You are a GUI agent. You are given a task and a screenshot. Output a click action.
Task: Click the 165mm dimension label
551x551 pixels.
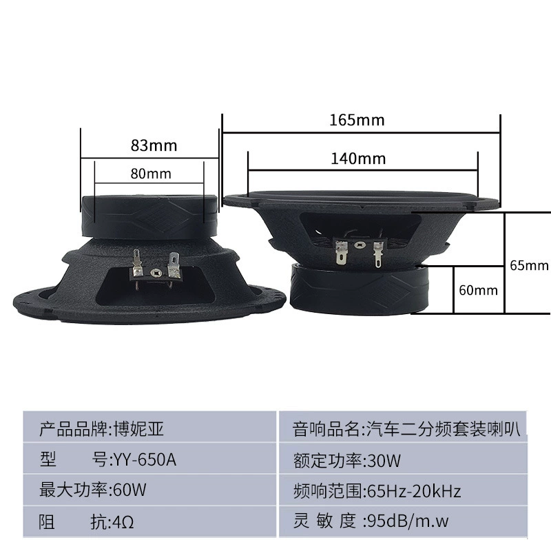pyautogui.click(x=357, y=120)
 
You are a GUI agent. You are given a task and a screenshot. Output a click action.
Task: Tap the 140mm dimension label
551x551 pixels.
pyautogui.click(x=358, y=158)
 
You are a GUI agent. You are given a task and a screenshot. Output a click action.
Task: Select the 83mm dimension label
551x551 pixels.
pyautogui.click(x=154, y=145)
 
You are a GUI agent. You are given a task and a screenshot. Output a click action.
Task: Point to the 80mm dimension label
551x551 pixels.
pyautogui.click(x=151, y=174)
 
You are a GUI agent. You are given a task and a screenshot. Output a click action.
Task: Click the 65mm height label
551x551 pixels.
pyautogui.click(x=529, y=265)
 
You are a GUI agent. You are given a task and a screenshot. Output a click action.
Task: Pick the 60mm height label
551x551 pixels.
pyautogui.click(x=478, y=290)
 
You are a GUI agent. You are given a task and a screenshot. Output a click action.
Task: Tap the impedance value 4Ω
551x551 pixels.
pyautogui.click(x=123, y=522)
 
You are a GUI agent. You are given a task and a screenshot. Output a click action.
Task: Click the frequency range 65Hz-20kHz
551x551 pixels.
pyautogui.click(x=414, y=491)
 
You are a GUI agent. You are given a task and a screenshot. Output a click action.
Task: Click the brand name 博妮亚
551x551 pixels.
pyautogui.click(x=139, y=429)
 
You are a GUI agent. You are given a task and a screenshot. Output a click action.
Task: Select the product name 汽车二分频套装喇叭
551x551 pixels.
pyautogui.click(x=444, y=428)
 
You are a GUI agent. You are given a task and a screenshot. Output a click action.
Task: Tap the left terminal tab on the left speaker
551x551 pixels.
pyautogui.click(x=137, y=262)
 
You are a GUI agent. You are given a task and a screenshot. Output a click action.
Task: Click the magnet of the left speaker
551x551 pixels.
pyautogui.click(x=149, y=217)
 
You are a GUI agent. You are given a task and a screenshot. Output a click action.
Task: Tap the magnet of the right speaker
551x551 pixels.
pyautogui.click(x=360, y=289)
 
